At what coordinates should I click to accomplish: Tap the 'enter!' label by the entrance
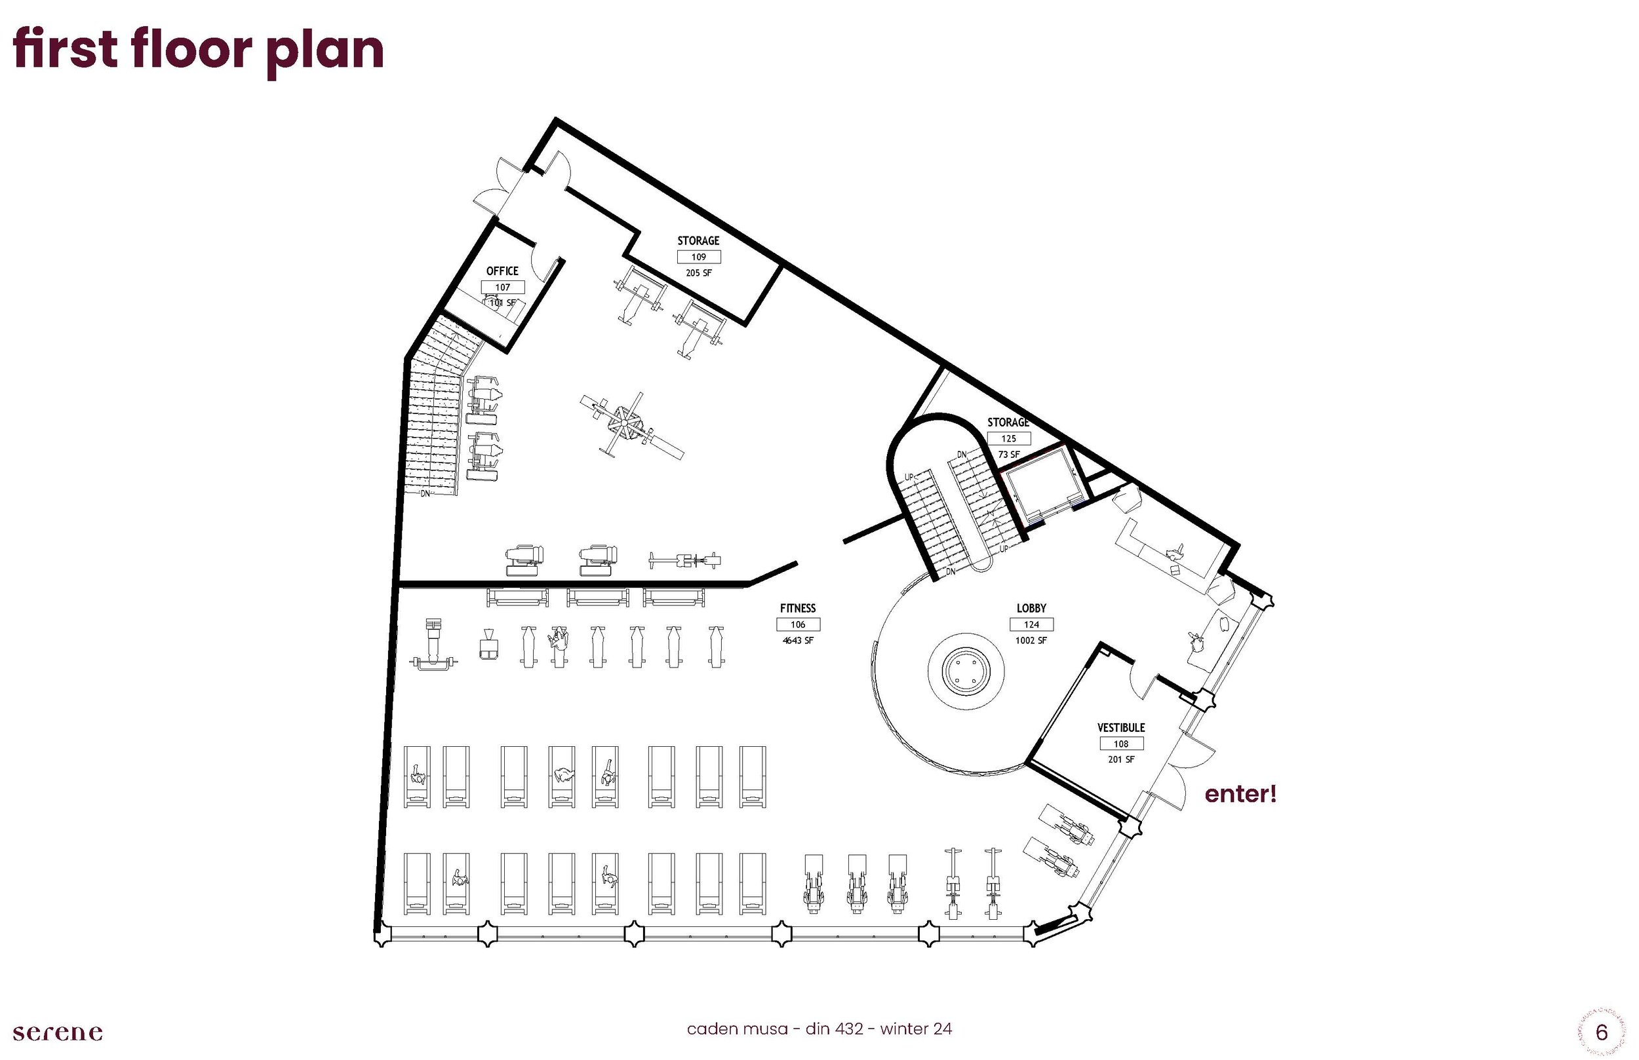coord(1240,794)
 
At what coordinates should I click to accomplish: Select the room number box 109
coord(698,257)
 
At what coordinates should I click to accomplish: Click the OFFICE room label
coord(502,271)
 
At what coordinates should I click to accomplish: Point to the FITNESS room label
coord(797,609)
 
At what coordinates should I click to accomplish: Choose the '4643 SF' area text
coord(797,641)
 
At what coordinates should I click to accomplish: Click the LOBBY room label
coord(1031,609)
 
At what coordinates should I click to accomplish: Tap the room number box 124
coord(1031,625)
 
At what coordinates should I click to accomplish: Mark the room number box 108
coord(1121,744)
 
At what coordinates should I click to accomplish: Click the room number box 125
coord(1009,438)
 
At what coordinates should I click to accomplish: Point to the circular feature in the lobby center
coord(966,669)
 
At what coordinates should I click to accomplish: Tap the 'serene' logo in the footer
coord(58,1032)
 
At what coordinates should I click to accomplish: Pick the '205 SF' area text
coord(698,273)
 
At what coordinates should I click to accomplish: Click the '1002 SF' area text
coord(1031,641)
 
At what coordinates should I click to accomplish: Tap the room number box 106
coord(797,625)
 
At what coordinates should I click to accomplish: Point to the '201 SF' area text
coord(1121,760)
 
